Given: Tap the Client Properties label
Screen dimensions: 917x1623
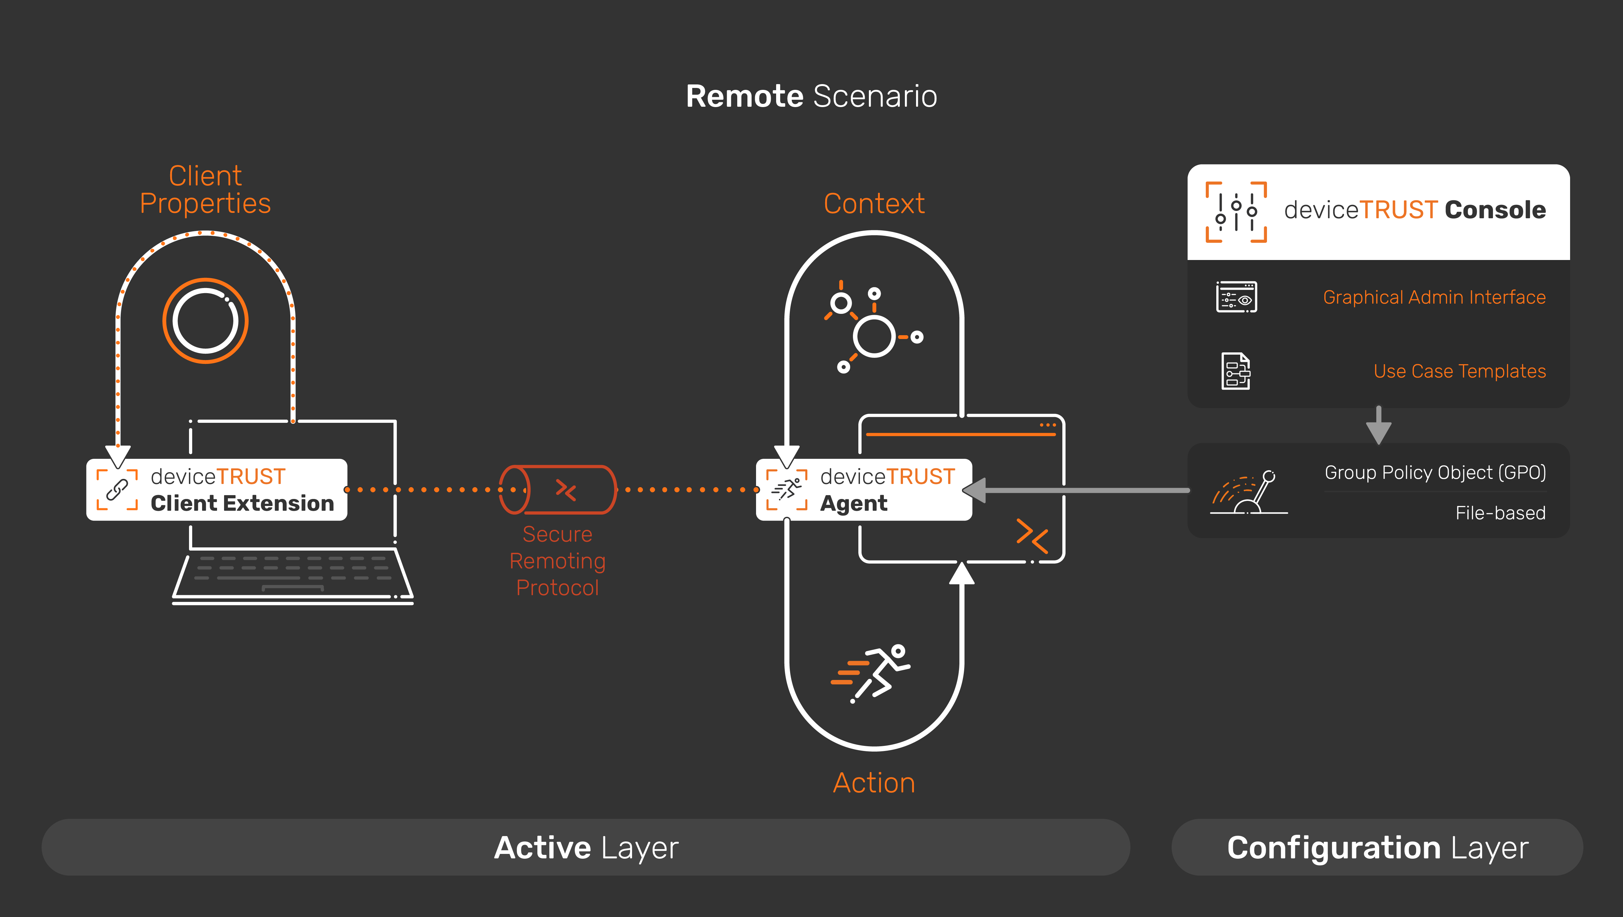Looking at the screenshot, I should [x=205, y=190].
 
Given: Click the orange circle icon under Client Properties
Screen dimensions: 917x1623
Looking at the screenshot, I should [x=205, y=321].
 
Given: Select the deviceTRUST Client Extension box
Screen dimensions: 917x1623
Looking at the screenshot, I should [x=217, y=489].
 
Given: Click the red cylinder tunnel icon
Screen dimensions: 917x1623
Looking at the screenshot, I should [x=557, y=489].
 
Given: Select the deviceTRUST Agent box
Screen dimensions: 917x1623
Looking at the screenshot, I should [x=864, y=489].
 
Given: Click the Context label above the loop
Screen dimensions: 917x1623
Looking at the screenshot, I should [x=874, y=203].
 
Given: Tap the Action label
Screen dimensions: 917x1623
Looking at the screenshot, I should [x=874, y=783].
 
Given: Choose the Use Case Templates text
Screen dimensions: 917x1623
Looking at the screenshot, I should [x=1459, y=371].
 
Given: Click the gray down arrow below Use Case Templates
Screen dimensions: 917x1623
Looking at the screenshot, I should [x=1379, y=426].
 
